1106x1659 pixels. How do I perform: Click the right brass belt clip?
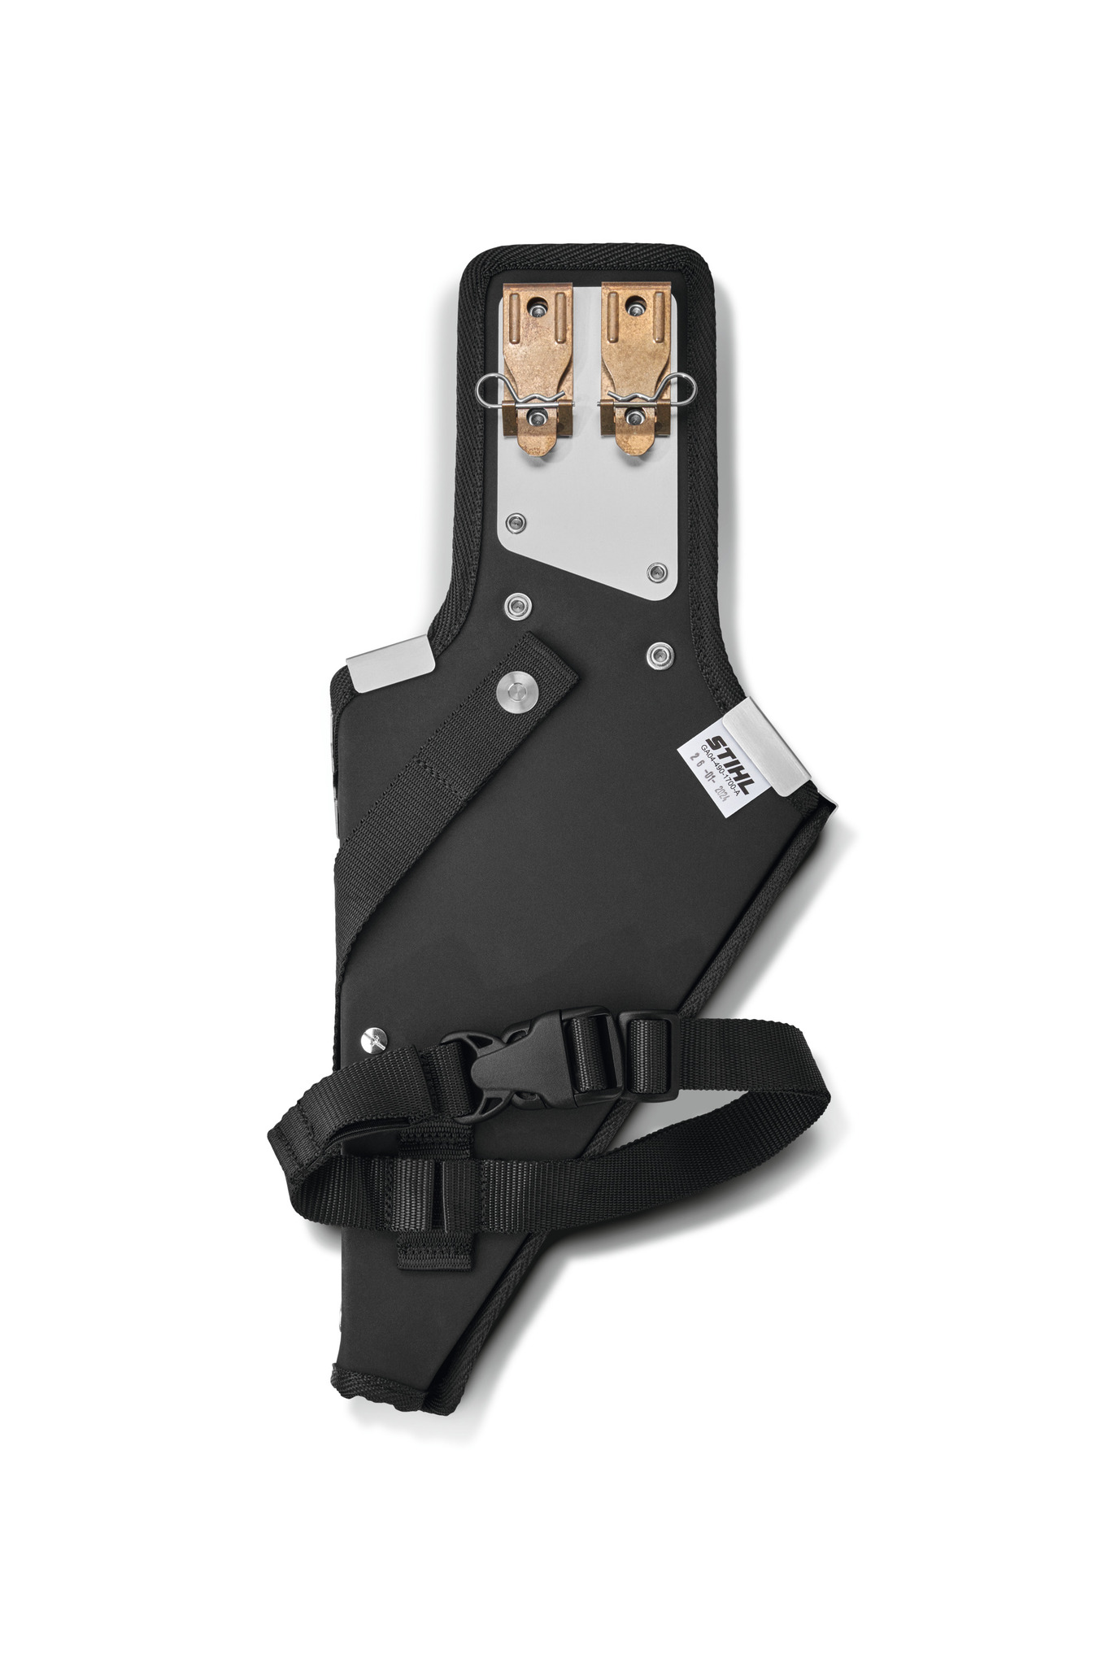[x=633, y=366]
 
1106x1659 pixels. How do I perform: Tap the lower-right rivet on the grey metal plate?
[x=655, y=573]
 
